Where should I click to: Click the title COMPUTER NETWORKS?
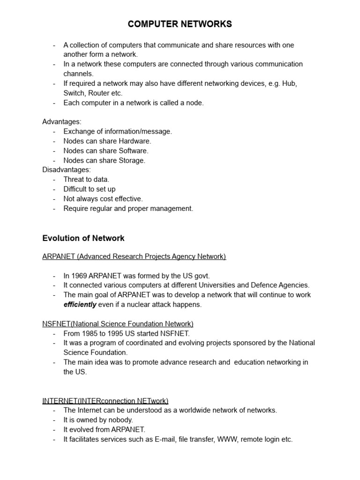point(180,24)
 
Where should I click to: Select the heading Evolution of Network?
point(83,238)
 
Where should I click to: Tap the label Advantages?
point(62,122)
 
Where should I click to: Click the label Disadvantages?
point(67,170)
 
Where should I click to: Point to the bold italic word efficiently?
point(80,305)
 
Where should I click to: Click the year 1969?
point(79,276)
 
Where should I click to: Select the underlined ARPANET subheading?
point(134,256)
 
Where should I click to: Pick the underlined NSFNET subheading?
point(118,324)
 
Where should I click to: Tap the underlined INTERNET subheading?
point(105,401)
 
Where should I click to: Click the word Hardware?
point(135,141)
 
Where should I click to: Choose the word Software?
point(133,151)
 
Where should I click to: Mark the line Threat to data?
point(86,180)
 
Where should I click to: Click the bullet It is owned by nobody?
point(98,420)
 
